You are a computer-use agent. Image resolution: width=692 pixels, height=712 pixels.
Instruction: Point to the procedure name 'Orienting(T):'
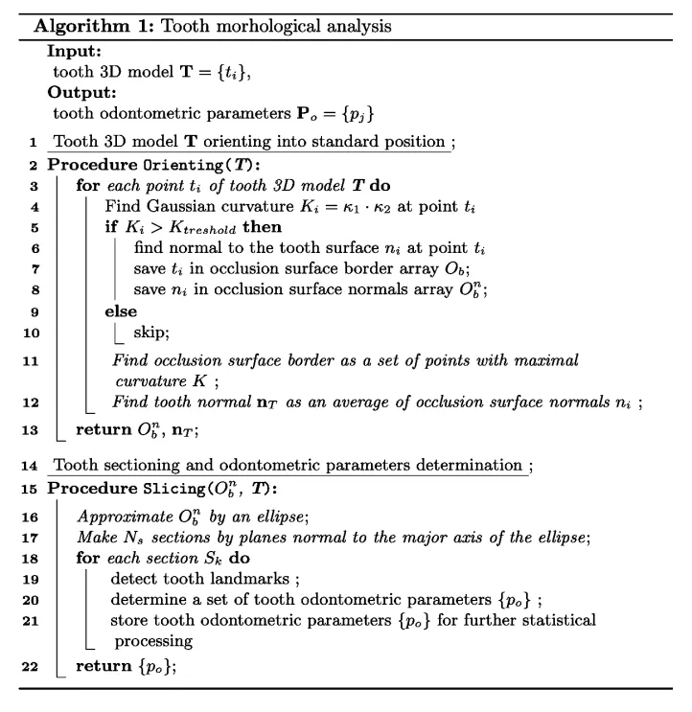(x=187, y=164)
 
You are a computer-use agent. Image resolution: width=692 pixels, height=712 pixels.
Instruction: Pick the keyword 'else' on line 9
(x=120, y=311)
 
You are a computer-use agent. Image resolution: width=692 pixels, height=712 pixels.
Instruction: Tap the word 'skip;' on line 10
(x=150, y=333)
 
